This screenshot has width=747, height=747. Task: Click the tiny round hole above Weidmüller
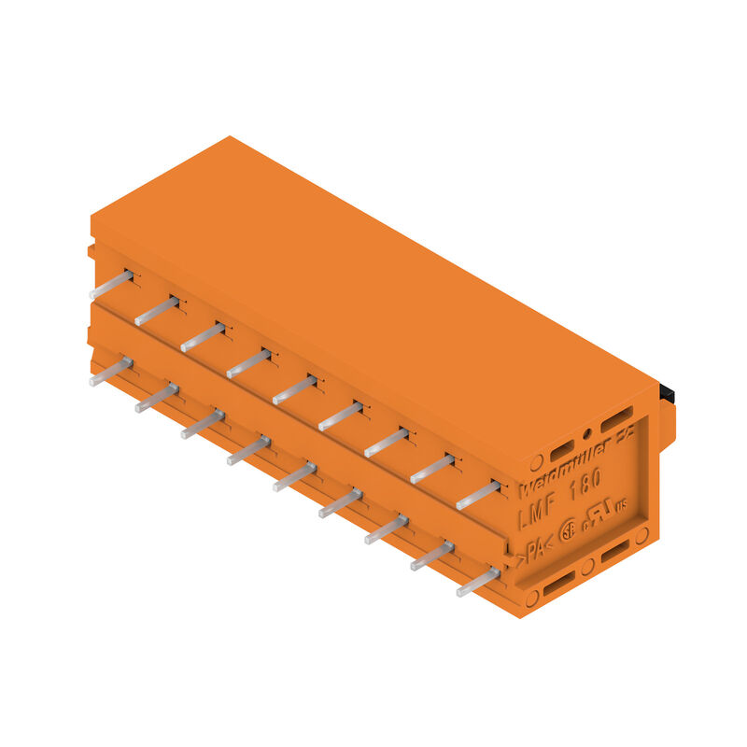pyautogui.click(x=587, y=433)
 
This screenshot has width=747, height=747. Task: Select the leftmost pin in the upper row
pyautogui.click(x=111, y=284)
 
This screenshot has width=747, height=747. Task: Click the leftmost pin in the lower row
pyautogui.click(x=111, y=371)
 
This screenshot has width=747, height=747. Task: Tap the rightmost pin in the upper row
pyautogui.click(x=478, y=495)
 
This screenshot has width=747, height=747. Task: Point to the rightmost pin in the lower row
pyautogui.click(x=478, y=582)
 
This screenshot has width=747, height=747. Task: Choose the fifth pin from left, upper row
pyautogui.click(x=294, y=389)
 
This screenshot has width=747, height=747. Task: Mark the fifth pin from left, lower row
pyautogui.click(x=294, y=476)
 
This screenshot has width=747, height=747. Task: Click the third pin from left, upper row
pyautogui.click(x=203, y=337)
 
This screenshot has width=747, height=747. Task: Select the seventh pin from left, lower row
pyautogui.click(x=386, y=529)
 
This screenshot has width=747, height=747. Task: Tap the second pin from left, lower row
pyautogui.click(x=157, y=397)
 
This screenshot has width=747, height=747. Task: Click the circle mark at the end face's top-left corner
pyautogui.click(x=536, y=462)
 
